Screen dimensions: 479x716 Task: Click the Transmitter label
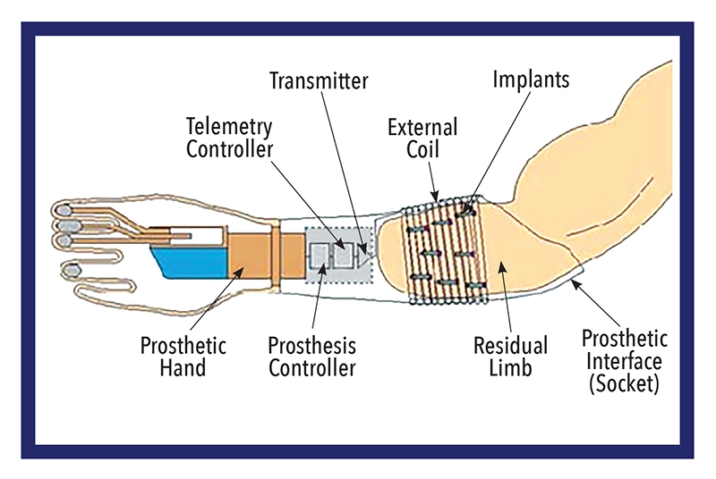(319, 80)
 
